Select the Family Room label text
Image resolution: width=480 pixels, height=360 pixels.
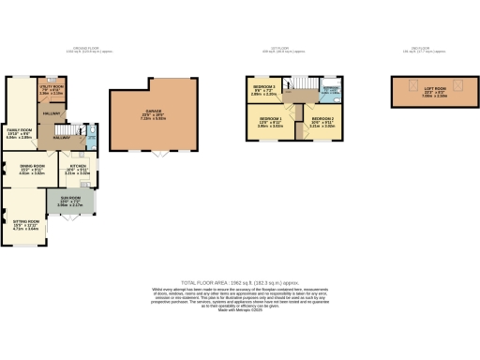pos(20,134)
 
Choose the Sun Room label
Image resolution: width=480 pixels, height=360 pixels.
pos(71,200)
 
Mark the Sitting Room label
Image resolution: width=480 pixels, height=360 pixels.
pos(22,225)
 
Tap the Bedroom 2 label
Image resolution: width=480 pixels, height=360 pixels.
pos(322,122)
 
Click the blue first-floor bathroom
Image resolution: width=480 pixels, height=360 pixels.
pos(329,93)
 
